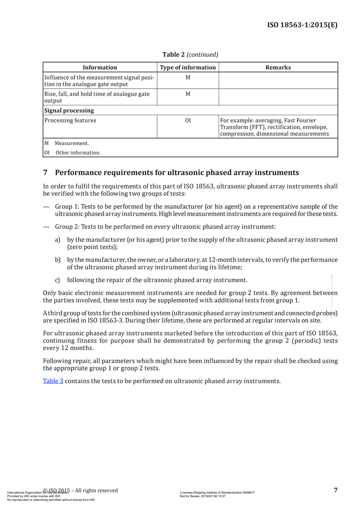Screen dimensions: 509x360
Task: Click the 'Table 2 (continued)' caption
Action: [x=190, y=54]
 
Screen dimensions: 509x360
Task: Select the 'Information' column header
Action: [x=100, y=68]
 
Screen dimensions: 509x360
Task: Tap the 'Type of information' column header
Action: [x=188, y=68]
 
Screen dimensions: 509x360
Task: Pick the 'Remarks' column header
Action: [x=278, y=68]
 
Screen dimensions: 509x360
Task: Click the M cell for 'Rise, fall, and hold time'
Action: [x=188, y=94]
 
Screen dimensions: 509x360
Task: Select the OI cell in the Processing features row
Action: [x=188, y=121]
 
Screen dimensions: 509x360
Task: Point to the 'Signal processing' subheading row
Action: [x=69, y=110]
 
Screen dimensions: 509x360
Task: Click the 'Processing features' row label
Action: [x=70, y=121]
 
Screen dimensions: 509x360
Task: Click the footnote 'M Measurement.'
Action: [x=66, y=144]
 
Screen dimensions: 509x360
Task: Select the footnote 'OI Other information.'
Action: [x=72, y=153]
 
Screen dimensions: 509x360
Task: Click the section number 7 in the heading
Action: [x=45, y=173]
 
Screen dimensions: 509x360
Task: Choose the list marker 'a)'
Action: [x=58, y=240]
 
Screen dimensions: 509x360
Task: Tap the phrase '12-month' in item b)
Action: [x=220, y=260]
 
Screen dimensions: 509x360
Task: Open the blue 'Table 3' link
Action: [x=53, y=381]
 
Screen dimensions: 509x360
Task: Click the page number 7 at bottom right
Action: [x=336, y=490]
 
